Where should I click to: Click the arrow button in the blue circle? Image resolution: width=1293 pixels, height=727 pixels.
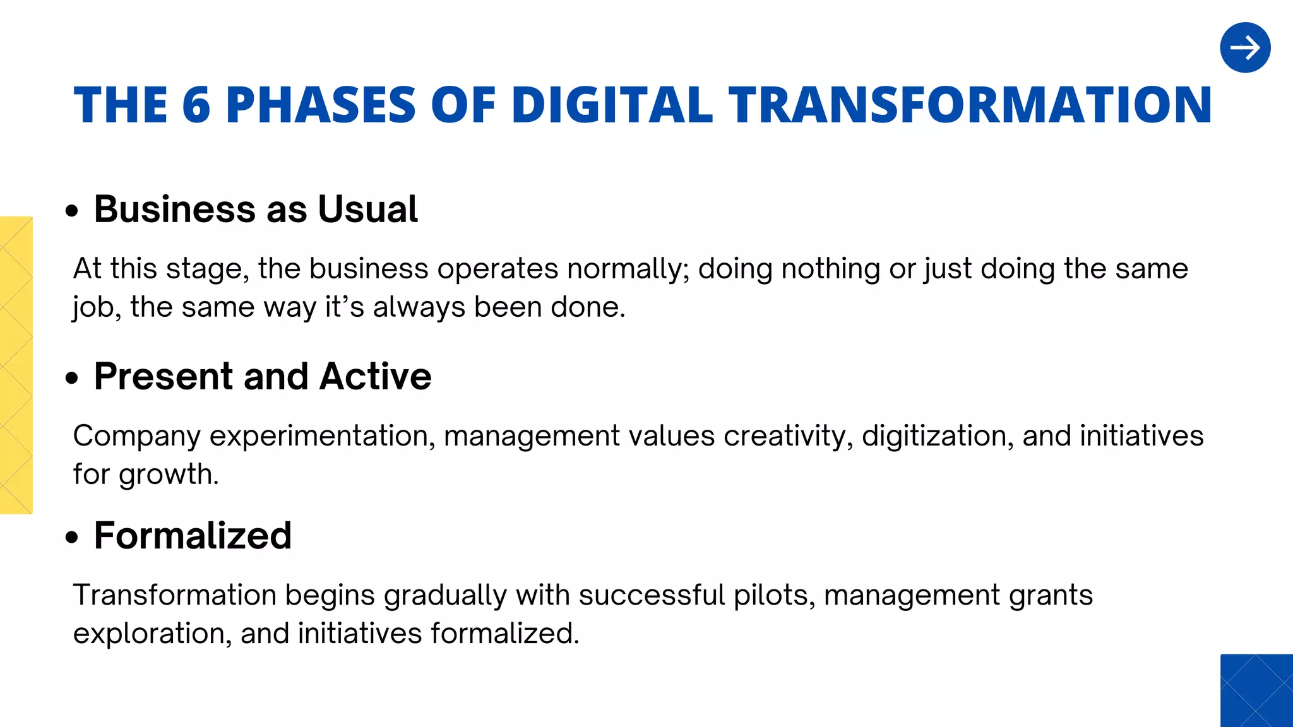pyautogui.click(x=1245, y=48)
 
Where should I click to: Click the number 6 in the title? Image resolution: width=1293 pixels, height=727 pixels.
pyautogui.click(x=196, y=105)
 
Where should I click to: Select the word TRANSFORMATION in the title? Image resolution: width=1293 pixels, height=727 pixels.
pyautogui.click(x=970, y=105)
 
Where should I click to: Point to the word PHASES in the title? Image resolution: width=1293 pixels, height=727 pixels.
pyautogui.click(x=321, y=105)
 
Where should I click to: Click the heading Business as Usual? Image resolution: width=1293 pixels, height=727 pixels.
pyautogui.click(x=256, y=209)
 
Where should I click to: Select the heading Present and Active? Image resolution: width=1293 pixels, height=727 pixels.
pyautogui.click(x=263, y=376)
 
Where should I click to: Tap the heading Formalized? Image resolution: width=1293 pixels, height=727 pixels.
pyautogui.click(x=193, y=536)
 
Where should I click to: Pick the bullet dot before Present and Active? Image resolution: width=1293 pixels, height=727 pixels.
pyautogui.click(x=73, y=378)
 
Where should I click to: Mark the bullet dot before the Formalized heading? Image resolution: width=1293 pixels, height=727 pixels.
pyautogui.click(x=73, y=538)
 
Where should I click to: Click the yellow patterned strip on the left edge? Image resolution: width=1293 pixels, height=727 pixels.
pyautogui.click(x=16, y=365)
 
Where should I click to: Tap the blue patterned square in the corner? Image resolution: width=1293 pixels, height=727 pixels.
pyautogui.click(x=1256, y=690)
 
